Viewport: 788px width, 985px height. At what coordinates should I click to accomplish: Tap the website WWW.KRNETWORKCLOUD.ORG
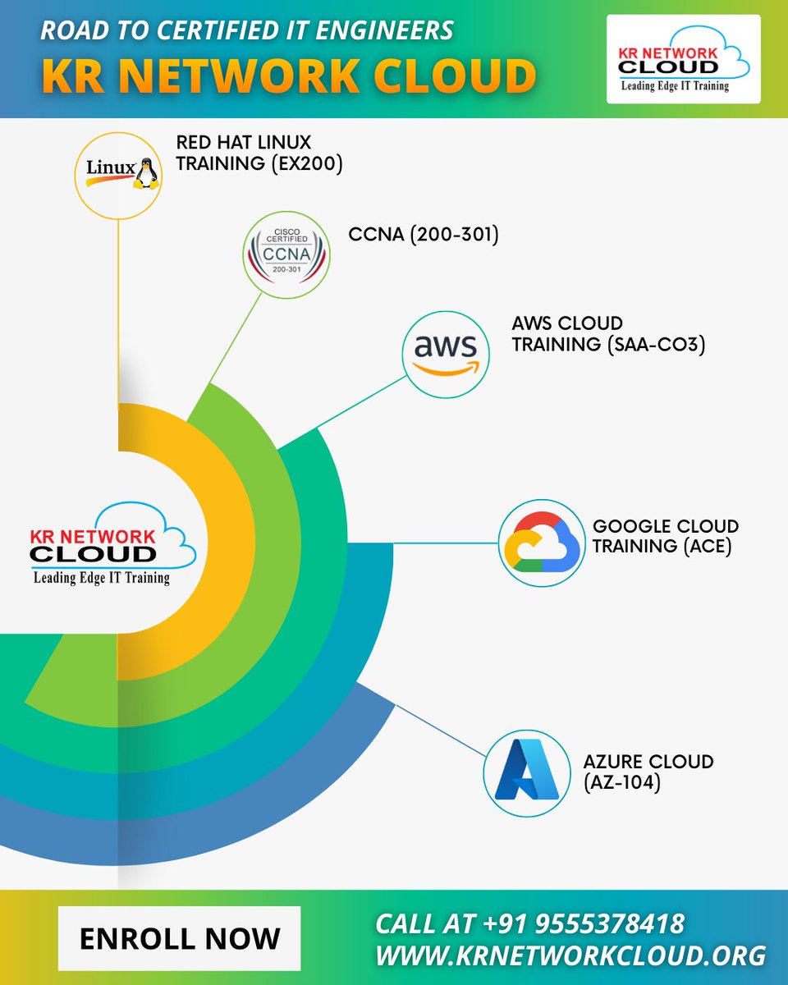tap(570, 955)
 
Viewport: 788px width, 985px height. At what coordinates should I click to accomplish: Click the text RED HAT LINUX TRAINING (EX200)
tap(259, 153)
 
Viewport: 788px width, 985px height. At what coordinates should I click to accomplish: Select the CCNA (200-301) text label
tap(424, 236)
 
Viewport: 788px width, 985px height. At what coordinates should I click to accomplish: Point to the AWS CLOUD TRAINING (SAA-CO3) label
tap(608, 333)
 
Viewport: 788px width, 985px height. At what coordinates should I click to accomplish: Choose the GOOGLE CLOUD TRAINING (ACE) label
tap(665, 535)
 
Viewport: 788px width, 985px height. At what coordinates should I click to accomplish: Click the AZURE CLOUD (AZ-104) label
tap(648, 772)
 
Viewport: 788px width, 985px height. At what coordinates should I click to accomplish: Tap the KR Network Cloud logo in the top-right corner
tap(683, 59)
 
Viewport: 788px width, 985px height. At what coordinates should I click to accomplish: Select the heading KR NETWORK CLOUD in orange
tap(289, 76)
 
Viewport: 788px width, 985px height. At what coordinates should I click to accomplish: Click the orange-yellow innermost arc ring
tap(222, 542)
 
